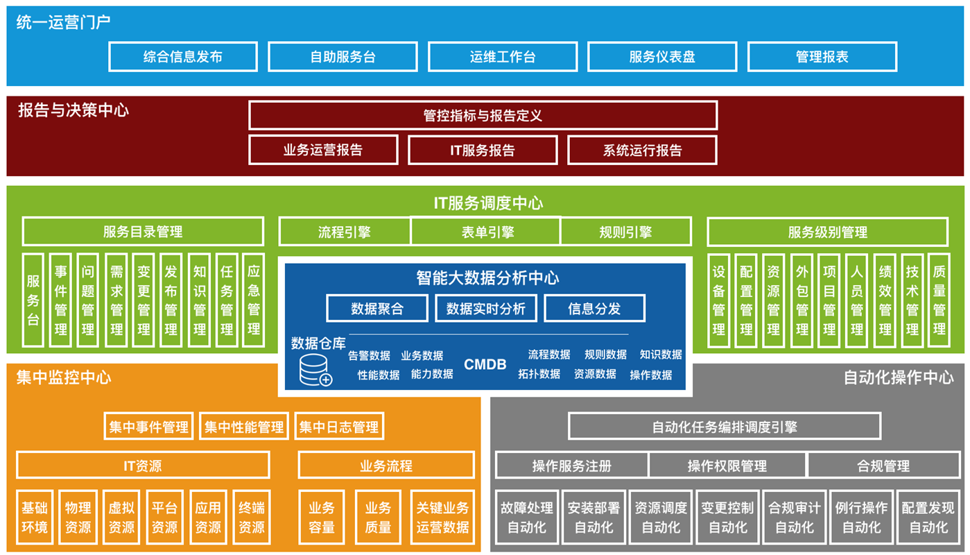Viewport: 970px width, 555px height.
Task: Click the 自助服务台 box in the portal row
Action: tap(343, 57)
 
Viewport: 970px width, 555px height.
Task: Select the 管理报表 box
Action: tap(822, 57)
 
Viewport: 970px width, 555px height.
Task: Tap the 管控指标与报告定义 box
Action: tap(483, 115)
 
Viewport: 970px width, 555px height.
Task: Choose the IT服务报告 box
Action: tap(483, 150)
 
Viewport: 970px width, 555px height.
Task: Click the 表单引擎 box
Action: tap(485, 232)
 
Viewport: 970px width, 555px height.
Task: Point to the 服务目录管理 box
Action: tap(143, 232)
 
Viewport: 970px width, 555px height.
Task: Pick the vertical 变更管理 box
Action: tap(144, 300)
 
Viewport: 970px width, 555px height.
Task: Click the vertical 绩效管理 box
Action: tap(885, 300)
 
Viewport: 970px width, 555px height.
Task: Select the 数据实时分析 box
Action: tap(486, 309)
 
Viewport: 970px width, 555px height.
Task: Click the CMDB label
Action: tap(485, 364)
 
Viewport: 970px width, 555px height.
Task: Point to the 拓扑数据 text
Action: tap(539, 374)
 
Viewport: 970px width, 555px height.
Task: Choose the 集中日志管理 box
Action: tap(339, 427)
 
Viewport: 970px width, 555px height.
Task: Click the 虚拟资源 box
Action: tap(121, 518)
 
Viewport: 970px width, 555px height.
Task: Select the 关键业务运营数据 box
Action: tap(442, 518)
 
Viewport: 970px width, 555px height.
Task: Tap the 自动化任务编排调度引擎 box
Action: tap(725, 427)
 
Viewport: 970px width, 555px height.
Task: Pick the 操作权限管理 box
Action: tap(727, 466)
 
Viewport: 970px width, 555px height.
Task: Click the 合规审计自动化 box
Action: tap(795, 518)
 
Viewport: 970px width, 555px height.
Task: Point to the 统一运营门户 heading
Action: tap(63, 22)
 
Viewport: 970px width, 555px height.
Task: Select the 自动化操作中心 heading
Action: tap(898, 377)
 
